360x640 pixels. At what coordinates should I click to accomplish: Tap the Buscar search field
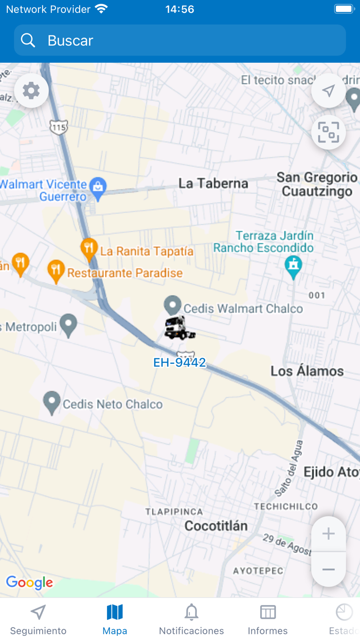pos(180,41)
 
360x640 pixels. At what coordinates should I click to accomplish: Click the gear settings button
pos(31,91)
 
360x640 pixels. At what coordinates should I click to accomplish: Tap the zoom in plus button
pos(328,534)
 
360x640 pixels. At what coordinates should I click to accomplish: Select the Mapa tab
pos(115,619)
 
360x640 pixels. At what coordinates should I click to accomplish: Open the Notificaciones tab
pos(191,619)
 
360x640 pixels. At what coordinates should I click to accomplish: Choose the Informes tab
pos(267,619)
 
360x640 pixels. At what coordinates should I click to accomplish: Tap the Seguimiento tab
pos(38,619)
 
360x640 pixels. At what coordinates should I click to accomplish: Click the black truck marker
pos(179,328)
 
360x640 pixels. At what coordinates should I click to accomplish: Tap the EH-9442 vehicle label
pos(179,363)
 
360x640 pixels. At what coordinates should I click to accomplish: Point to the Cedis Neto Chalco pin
pos(51,402)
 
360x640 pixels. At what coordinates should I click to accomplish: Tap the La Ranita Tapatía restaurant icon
pos(89,248)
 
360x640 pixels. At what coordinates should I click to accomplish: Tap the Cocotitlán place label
pos(216,526)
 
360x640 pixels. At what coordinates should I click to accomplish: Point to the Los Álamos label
pos(307,371)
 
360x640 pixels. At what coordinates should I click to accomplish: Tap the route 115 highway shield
pos(59,127)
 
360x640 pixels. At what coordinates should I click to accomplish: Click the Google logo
pos(29,582)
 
